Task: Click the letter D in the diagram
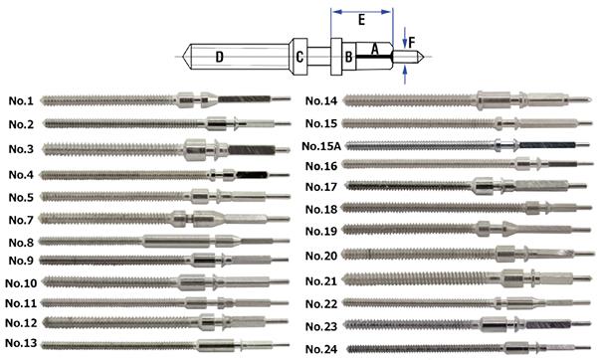coord(219,57)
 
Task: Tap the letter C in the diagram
coord(299,57)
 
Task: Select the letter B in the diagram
coord(348,57)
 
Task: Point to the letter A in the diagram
coord(375,49)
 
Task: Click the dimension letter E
coord(362,20)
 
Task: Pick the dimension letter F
coord(412,42)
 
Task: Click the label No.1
coord(21,100)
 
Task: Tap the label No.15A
coord(321,146)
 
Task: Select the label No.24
coord(321,349)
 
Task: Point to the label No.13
coord(21,343)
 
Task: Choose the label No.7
coord(21,220)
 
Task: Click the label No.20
coord(321,256)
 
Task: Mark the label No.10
coord(21,283)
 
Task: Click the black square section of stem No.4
coord(252,175)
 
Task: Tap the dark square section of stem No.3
coord(252,149)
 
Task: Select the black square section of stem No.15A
coord(547,145)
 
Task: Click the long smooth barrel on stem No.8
coord(176,241)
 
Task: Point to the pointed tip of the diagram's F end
coord(424,57)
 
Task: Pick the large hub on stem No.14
coord(494,100)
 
